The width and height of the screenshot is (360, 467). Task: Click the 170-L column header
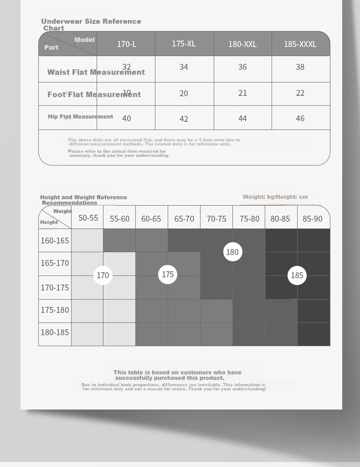tap(127, 44)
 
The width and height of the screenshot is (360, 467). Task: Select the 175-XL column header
tap(184, 44)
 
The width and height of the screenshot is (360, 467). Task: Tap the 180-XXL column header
tap(242, 44)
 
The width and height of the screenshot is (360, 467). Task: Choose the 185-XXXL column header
tap(300, 44)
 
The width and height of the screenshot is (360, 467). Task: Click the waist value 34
tap(184, 67)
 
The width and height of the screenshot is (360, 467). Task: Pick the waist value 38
tap(300, 67)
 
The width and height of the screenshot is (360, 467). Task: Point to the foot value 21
tap(242, 93)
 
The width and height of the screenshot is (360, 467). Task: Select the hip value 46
tap(300, 119)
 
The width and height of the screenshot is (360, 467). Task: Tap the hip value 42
tap(184, 119)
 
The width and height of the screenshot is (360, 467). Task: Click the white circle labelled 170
tap(103, 275)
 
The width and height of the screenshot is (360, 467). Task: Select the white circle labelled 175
tap(168, 275)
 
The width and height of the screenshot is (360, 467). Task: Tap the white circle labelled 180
tap(232, 252)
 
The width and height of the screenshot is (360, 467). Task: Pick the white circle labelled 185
tap(297, 275)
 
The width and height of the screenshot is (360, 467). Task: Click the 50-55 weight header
tap(88, 218)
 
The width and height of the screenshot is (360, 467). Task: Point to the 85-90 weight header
tap(313, 219)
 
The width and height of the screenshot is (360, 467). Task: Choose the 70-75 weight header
tap(216, 219)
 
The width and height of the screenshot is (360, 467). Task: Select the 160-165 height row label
tap(55, 241)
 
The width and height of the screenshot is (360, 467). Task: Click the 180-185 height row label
tap(55, 332)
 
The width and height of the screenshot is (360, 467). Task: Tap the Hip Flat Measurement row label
tap(80, 117)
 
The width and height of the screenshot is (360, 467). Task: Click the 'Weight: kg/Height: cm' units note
tap(275, 197)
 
